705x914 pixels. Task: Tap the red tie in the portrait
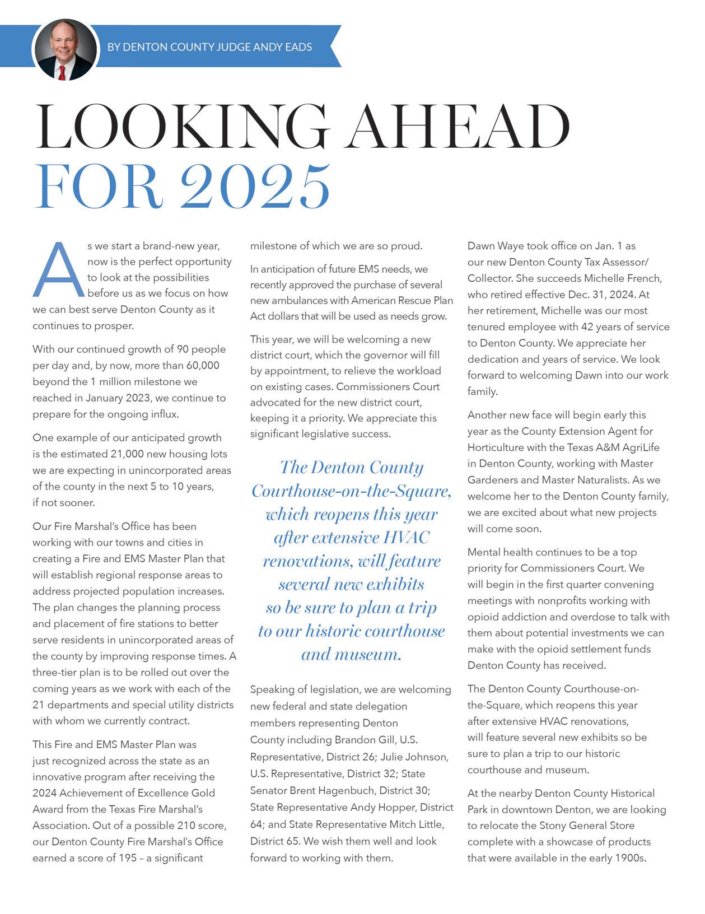pyautogui.click(x=62, y=73)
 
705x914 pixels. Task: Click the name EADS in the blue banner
pyautogui.click(x=298, y=47)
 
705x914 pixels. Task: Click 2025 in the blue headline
pyautogui.click(x=256, y=186)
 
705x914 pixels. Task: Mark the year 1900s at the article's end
pyautogui.click(x=631, y=857)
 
